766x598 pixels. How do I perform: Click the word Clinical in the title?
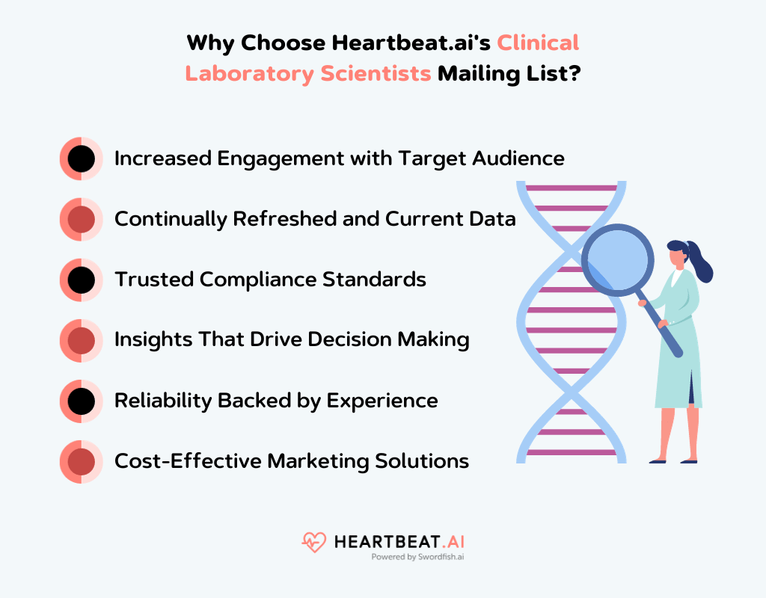click(x=539, y=43)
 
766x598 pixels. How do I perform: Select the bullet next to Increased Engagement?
click(x=81, y=158)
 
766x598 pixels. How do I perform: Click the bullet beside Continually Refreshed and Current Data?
click(x=81, y=219)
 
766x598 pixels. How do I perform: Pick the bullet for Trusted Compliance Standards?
click(x=81, y=280)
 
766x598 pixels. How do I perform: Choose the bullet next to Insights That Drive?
click(x=81, y=340)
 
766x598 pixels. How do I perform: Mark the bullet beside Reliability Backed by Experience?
click(x=81, y=401)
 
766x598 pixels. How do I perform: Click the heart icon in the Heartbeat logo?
click(x=314, y=542)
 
